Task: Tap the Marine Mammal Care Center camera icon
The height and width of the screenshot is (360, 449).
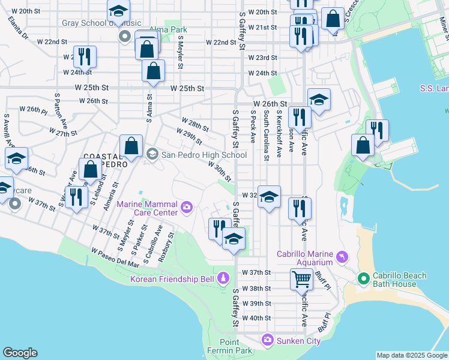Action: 187,208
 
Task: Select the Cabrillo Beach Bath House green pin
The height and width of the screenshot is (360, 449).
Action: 363,279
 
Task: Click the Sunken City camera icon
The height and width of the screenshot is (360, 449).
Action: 267,341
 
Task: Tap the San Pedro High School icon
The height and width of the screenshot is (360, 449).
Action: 152,154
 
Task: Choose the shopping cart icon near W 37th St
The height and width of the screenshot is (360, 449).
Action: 301,279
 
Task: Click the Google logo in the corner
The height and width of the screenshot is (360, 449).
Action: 20,353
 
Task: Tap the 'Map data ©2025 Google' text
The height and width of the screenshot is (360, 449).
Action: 411,355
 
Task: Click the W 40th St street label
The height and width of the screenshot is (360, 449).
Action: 257,319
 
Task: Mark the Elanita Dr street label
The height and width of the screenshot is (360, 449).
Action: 18,27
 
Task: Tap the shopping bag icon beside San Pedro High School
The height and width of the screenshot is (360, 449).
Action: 131,146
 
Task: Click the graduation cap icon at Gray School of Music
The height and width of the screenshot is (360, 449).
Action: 118,11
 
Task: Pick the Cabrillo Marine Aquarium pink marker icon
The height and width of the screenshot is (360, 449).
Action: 342,257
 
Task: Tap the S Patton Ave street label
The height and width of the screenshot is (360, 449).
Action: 61,112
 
